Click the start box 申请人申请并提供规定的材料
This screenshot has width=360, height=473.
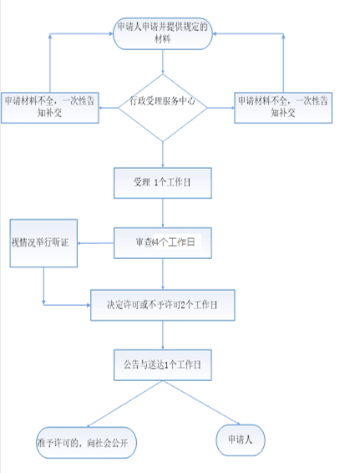(x=163, y=33)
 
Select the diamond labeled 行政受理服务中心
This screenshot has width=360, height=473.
(x=163, y=108)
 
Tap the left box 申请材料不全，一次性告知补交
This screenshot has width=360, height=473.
(x=50, y=108)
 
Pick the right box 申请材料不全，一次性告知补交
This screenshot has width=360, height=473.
(x=283, y=108)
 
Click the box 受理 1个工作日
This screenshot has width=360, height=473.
(x=163, y=183)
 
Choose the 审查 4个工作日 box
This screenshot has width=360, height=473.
(x=163, y=243)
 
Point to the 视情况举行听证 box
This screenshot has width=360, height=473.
(x=43, y=243)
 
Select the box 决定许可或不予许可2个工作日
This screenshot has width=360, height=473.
(x=163, y=305)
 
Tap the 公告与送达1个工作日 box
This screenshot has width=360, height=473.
(x=163, y=364)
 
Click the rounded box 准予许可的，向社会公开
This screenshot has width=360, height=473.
(x=86, y=443)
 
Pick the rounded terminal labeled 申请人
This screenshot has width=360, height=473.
(x=241, y=440)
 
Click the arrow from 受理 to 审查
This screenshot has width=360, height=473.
(x=163, y=213)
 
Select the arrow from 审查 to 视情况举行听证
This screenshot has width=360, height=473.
(x=95, y=243)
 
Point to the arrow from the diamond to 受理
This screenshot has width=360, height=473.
(x=163, y=155)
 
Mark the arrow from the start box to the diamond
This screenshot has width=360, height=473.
(x=163, y=62)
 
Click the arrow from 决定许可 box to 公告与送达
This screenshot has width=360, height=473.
(x=163, y=335)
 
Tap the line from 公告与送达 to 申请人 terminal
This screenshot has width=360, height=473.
(x=201, y=403)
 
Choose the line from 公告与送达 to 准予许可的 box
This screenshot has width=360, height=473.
(x=124, y=404)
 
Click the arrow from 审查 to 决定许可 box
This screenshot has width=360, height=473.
(x=163, y=274)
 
